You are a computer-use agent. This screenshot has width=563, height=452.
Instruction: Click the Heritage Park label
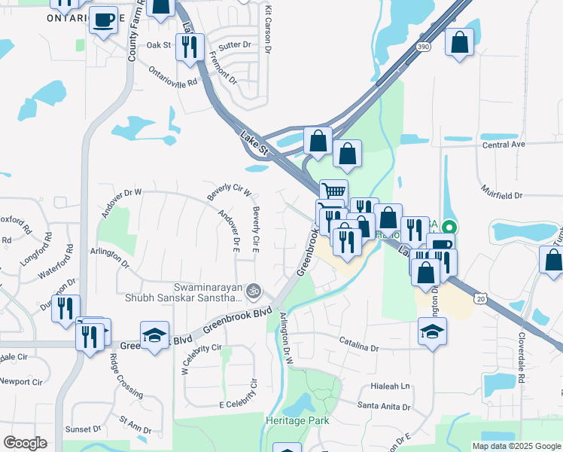[296, 419]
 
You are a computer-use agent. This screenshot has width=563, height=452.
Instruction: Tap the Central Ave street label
[503, 145]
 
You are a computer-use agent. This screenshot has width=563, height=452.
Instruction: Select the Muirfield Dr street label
[502, 195]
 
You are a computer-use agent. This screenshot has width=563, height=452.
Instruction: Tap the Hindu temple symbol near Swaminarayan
[254, 289]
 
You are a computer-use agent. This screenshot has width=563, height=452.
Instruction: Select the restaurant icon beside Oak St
[189, 47]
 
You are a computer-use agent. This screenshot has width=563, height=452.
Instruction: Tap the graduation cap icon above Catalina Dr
[432, 331]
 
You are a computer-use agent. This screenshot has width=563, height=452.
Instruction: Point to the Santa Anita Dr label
[384, 407]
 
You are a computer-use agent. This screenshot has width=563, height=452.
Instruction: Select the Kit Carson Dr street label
[267, 18]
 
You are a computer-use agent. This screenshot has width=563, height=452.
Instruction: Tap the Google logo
[25, 443]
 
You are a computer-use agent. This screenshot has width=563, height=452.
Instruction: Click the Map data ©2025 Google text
[515, 446]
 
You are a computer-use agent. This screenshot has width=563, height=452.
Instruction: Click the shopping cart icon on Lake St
[333, 191]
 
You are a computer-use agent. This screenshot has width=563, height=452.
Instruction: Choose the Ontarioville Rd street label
[173, 76]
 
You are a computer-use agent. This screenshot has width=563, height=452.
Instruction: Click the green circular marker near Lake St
[449, 226]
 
